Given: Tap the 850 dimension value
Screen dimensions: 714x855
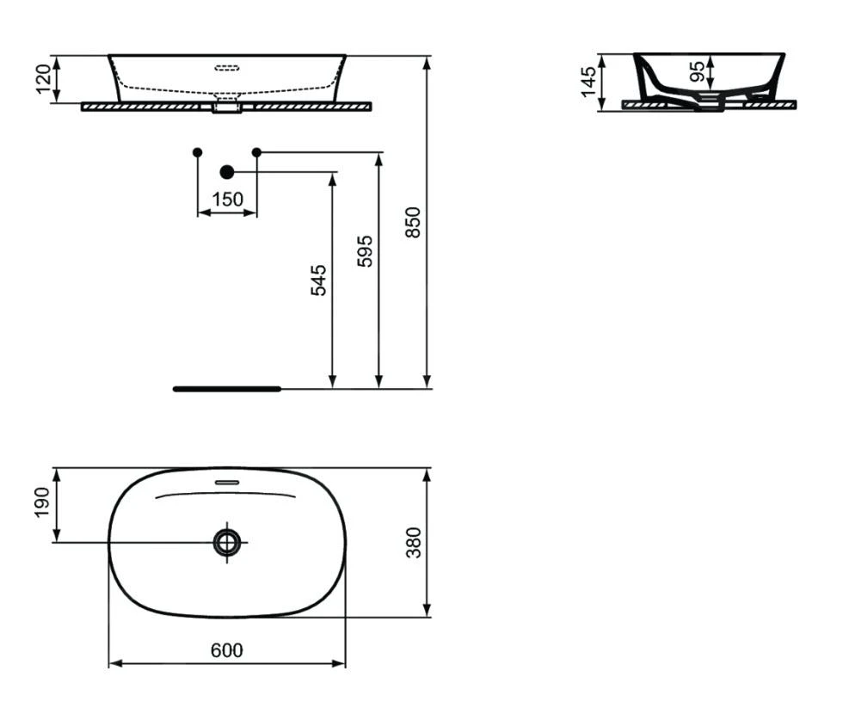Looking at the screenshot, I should click(x=413, y=222).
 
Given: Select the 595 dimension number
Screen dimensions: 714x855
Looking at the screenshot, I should click(x=366, y=251).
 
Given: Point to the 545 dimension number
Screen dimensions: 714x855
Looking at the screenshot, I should click(x=318, y=280).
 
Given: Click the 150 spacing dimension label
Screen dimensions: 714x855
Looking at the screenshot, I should click(x=227, y=200).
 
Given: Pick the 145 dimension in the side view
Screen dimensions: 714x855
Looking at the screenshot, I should click(x=589, y=81).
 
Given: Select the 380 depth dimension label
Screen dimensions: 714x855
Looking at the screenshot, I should click(x=414, y=543).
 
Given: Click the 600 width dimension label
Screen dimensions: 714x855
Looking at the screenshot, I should click(x=227, y=650).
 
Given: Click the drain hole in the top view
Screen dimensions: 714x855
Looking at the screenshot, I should click(x=227, y=542).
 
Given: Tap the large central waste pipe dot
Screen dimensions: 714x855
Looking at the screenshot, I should click(x=227, y=172).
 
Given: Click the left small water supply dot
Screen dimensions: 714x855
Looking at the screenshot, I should click(x=198, y=152).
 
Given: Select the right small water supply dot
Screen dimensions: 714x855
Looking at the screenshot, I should click(x=256, y=152).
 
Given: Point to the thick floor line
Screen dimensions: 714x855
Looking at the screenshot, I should click(x=227, y=389).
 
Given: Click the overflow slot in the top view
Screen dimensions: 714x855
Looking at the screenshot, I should click(x=227, y=482).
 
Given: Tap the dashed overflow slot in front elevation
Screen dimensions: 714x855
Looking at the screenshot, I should click(x=227, y=65).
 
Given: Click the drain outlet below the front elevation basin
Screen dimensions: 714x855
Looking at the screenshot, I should click(x=227, y=108).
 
